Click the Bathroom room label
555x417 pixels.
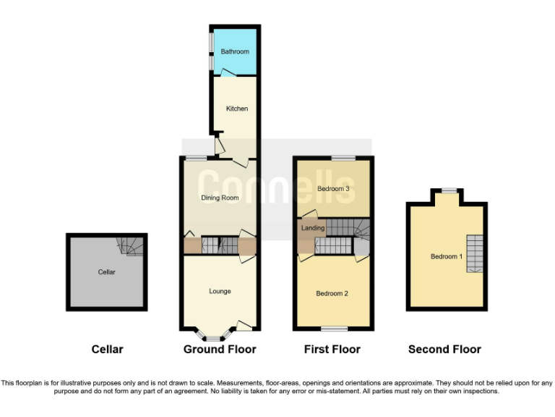[x=235, y=51]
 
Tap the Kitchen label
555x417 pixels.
[x=237, y=109]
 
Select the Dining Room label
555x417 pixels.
[x=220, y=198]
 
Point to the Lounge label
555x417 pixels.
[x=220, y=291]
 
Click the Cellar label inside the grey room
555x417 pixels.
[x=107, y=272]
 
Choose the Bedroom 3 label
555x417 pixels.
[x=333, y=189]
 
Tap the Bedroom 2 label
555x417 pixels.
[x=332, y=293]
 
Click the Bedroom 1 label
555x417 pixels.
[x=445, y=256]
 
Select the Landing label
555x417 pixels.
[x=313, y=229]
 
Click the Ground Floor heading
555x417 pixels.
[x=220, y=349]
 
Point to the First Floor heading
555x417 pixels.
[x=332, y=349]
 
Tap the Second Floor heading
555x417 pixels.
[x=444, y=349]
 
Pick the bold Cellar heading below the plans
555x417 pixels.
[x=107, y=349]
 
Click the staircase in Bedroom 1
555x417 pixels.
[x=474, y=253]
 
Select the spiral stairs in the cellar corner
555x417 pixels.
[x=130, y=247]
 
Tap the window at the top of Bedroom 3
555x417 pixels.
[x=343, y=157]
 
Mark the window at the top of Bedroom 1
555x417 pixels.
[x=449, y=190]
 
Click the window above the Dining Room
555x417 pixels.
[x=195, y=157]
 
